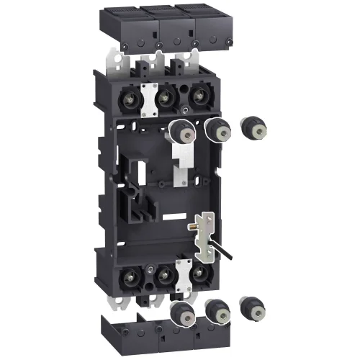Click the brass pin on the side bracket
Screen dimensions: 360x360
[x=193, y=226]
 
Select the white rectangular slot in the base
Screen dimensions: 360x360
[x=166, y=216]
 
